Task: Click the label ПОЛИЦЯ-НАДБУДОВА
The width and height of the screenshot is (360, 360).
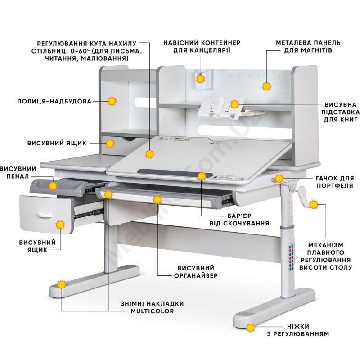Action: (x=54, y=101)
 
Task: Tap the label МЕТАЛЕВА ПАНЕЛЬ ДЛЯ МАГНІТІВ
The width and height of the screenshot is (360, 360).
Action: (x=308, y=47)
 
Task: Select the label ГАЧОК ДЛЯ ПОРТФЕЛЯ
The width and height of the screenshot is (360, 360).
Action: (x=335, y=182)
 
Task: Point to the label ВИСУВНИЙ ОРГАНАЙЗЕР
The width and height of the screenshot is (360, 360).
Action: (x=196, y=272)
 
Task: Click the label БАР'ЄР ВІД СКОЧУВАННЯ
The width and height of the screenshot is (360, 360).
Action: (x=239, y=220)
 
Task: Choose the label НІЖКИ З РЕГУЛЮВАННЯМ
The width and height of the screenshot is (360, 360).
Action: (x=298, y=330)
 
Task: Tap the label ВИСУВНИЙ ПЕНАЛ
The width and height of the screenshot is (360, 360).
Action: (x=18, y=173)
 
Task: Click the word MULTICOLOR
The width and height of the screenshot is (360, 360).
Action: (x=152, y=311)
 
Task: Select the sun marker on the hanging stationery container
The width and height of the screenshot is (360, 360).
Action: (x=201, y=79)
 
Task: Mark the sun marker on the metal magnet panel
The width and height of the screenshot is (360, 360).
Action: (x=266, y=86)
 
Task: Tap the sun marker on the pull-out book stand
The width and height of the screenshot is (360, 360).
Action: (x=234, y=104)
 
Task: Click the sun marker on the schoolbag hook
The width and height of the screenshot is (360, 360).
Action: (x=279, y=178)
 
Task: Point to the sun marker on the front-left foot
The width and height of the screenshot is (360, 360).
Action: (x=62, y=285)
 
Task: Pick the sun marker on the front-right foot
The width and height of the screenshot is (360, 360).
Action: (x=251, y=328)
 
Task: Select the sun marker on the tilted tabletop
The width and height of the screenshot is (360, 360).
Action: (x=150, y=154)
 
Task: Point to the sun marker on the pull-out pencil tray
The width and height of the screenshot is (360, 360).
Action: (x=53, y=185)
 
